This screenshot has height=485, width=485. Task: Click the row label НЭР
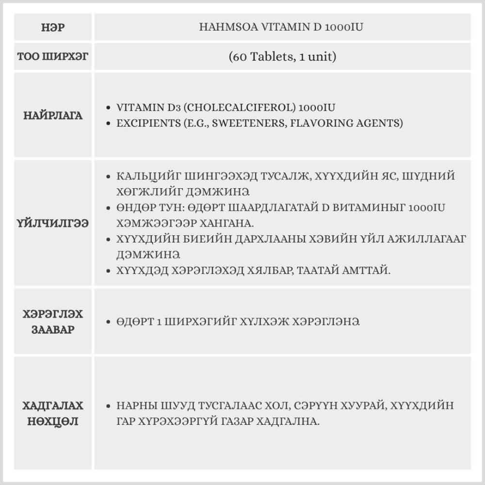(x=53, y=27)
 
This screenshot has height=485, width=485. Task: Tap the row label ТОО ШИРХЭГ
(x=53, y=57)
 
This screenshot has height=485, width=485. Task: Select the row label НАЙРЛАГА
(x=53, y=115)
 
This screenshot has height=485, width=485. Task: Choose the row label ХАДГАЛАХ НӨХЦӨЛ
(x=53, y=413)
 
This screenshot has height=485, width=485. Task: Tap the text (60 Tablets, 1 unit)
(x=282, y=57)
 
